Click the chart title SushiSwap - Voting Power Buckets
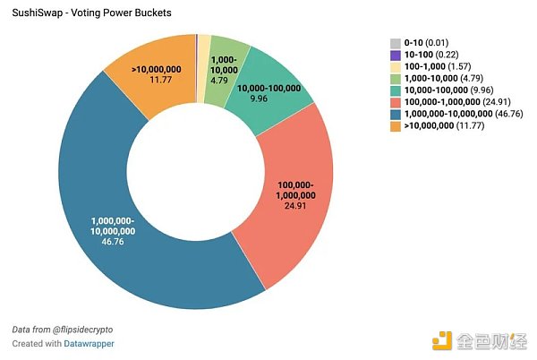point(80,14)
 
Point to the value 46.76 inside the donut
point(113,242)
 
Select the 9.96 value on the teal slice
point(260,99)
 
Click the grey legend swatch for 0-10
point(396,43)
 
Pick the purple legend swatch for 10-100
point(396,56)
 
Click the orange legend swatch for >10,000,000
point(396,126)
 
